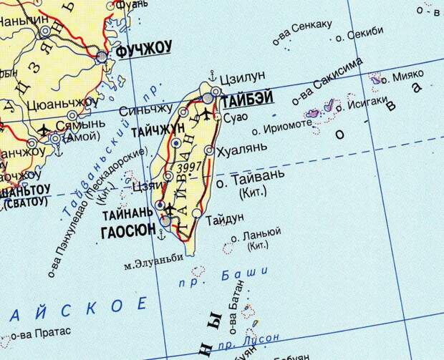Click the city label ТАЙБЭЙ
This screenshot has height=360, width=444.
248,100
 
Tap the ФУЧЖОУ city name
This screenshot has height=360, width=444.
144,48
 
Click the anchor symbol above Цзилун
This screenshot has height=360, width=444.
212,75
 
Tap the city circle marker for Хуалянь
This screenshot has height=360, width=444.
209,150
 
